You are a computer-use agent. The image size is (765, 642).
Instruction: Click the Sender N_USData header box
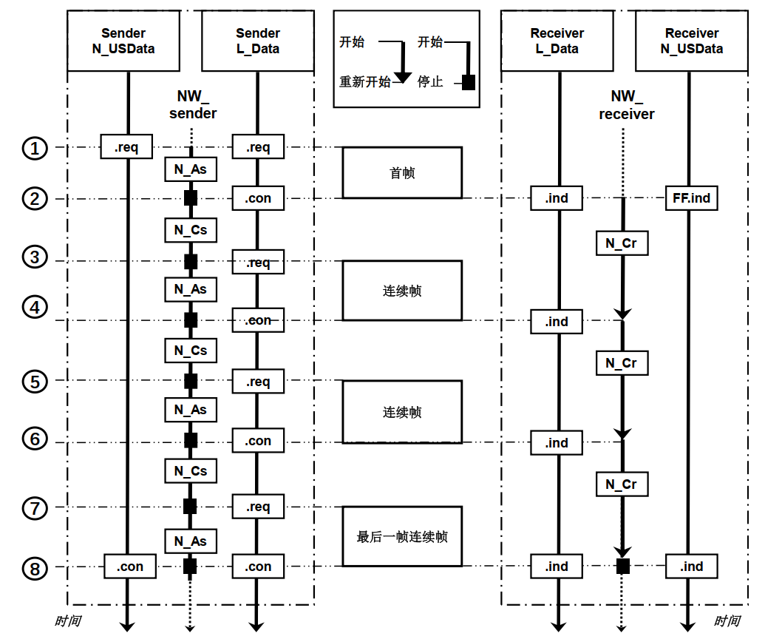click(123, 41)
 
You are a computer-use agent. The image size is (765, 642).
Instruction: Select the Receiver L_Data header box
click(557, 41)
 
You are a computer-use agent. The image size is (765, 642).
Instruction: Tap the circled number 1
click(34, 148)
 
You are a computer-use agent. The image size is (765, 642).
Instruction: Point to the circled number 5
click(34, 382)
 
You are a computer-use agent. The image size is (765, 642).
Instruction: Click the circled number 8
click(34, 568)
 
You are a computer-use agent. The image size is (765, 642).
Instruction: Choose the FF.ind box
click(691, 198)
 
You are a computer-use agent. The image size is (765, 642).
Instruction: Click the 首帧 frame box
click(402, 173)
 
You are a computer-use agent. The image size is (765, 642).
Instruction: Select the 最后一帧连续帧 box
click(402, 537)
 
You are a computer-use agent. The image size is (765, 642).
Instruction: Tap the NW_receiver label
click(626, 105)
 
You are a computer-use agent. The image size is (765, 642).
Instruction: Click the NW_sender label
click(193, 105)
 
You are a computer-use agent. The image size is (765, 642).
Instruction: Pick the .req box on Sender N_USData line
click(126, 148)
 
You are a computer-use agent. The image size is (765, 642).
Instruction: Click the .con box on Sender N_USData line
click(130, 567)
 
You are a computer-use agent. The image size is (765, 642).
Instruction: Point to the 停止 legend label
click(430, 82)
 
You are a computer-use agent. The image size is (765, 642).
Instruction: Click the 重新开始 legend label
click(364, 82)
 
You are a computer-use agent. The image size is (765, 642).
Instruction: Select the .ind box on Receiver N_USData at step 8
click(691, 567)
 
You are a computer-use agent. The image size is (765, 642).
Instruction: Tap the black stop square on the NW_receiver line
click(623, 567)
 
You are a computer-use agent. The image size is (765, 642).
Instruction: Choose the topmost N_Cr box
click(622, 243)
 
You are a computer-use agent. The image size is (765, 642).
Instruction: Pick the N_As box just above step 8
click(190, 541)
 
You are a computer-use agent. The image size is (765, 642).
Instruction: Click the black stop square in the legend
click(468, 82)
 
